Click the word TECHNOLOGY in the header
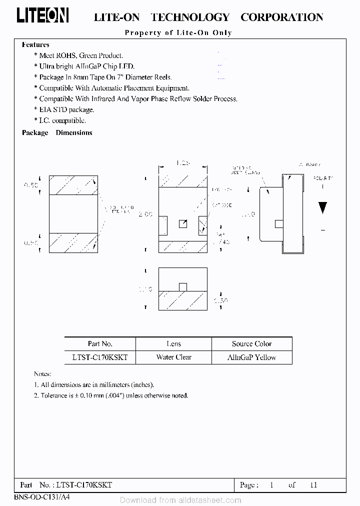(190, 17)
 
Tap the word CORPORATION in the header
(281, 17)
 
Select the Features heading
(35, 45)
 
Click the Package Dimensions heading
(57, 133)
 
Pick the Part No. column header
(100, 344)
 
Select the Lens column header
(173, 344)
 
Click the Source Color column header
(251, 344)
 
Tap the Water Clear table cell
(173, 357)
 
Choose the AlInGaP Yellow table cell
(251, 357)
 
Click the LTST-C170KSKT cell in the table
(100, 357)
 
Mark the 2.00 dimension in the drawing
(145, 214)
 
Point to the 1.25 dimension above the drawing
(182, 163)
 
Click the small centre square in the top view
(183, 224)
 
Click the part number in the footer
(84, 485)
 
